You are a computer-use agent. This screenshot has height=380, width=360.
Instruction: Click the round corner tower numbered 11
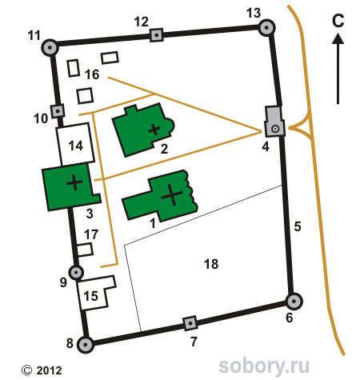click(50, 48)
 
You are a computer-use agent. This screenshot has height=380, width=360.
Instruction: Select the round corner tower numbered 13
click(266, 27)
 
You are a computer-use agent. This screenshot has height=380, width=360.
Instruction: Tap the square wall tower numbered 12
click(157, 35)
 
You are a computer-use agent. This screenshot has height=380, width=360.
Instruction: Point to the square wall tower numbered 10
click(58, 110)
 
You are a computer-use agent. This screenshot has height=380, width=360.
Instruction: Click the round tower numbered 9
click(76, 272)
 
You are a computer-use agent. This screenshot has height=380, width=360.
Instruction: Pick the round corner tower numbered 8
click(86, 345)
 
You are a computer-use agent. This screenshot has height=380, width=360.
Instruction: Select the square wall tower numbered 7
click(190, 323)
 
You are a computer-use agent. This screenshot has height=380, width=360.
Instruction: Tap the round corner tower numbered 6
click(294, 302)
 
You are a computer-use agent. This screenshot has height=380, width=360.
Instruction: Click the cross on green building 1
click(172, 195)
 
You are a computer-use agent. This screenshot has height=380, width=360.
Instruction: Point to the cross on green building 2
click(154, 130)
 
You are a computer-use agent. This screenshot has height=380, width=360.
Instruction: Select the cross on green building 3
click(74, 182)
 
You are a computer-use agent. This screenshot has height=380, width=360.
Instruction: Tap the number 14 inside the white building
click(76, 146)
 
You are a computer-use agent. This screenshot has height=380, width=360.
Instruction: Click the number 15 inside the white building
click(91, 296)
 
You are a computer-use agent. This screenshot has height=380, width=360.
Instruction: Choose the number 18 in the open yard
click(211, 264)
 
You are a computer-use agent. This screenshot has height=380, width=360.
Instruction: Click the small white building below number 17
click(85, 250)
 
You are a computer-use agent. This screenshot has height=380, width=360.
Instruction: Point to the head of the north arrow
click(338, 38)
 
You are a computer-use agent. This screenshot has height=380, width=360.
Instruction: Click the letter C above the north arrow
click(338, 21)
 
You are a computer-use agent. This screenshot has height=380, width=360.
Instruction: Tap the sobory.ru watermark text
click(264, 366)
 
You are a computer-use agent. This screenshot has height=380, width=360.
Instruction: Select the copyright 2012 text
click(42, 370)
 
